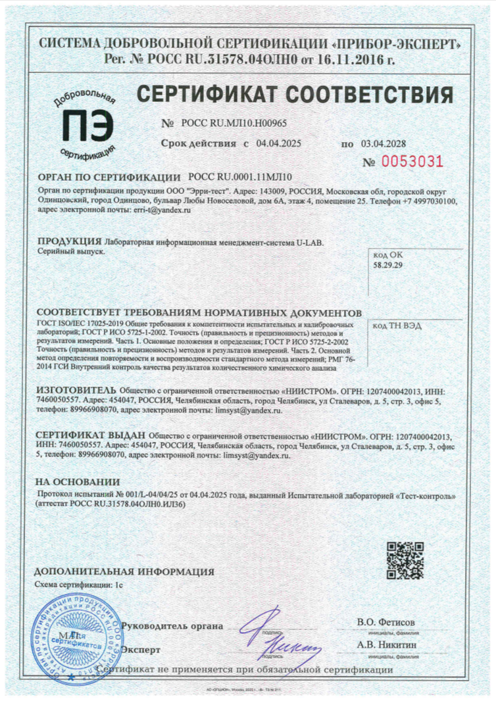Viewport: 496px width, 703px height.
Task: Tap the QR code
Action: [x=405, y=560]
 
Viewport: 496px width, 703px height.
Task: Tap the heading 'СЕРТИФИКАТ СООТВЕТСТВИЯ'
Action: [x=294, y=93]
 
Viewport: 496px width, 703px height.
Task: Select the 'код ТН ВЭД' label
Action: [x=397, y=325]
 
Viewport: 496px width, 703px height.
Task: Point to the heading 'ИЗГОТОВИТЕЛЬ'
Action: [x=75, y=391]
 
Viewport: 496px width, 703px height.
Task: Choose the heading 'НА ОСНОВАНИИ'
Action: [x=77, y=481]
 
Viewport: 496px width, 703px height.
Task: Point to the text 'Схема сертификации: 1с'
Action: [x=78, y=584]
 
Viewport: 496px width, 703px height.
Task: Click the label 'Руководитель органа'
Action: [x=172, y=625]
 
